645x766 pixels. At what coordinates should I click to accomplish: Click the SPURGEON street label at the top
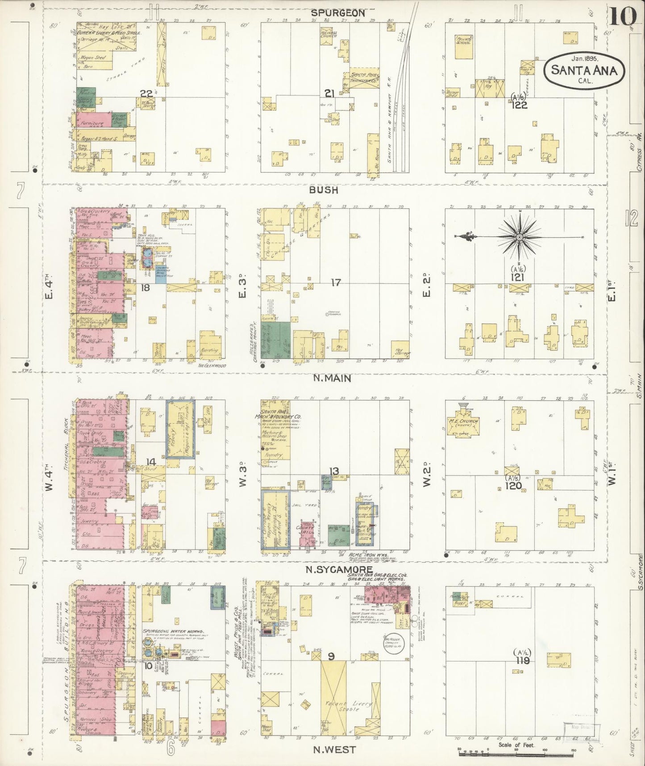(x=338, y=13)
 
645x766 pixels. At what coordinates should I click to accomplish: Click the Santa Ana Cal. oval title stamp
(x=584, y=70)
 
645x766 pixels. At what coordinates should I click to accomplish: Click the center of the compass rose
(x=520, y=237)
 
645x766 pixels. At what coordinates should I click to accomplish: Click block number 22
(x=146, y=93)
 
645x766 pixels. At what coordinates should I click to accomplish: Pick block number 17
(x=336, y=282)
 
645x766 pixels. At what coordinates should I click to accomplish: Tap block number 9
(x=331, y=656)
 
